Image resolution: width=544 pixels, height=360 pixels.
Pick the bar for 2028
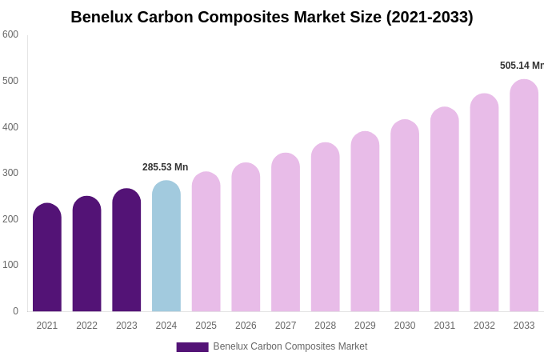(x=325, y=227)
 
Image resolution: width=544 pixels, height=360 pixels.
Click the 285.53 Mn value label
(x=165, y=167)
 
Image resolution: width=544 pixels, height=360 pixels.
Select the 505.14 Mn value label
(x=522, y=66)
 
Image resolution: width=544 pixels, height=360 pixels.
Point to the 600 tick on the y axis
(x=10, y=34)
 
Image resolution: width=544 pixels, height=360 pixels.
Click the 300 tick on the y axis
(x=10, y=173)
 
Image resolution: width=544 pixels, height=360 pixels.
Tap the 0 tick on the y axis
(x=15, y=311)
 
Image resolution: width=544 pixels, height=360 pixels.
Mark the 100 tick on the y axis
(x=10, y=265)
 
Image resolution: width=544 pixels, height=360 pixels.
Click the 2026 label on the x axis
(x=246, y=326)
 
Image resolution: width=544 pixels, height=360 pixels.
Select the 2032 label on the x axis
(x=484, y=326)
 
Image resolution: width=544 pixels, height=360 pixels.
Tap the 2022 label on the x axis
(x=86, y=326)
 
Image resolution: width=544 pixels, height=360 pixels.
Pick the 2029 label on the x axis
(x=365, y=326)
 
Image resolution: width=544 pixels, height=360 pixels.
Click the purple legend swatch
(x=192, y=347)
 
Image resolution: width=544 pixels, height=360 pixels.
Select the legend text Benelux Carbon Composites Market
(x=290, y=346)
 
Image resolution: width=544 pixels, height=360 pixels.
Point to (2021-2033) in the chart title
(x=430, y=17)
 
